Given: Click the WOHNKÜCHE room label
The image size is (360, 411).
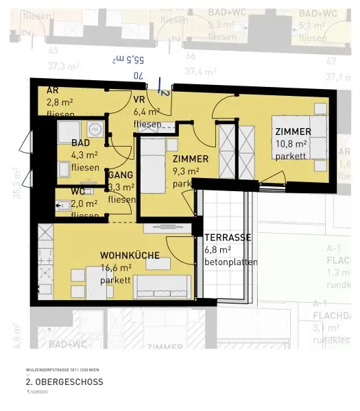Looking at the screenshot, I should tap(130, 255).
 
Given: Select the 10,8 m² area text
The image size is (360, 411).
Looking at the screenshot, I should tap(291, 144).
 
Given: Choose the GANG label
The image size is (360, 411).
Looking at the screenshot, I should tap(120, 175).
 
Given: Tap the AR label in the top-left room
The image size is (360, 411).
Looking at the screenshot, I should tap(52, 90).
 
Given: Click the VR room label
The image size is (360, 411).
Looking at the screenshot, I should tap(139, 99).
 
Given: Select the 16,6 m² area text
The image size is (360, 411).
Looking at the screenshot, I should tap(116, 268).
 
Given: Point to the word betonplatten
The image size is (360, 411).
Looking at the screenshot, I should tap(231, 262).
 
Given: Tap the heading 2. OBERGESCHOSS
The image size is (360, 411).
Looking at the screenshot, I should tap(64, 382).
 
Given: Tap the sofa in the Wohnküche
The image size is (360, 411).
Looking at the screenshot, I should tap(162, 286).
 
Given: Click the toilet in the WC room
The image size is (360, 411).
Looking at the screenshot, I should tap(62, 203).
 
